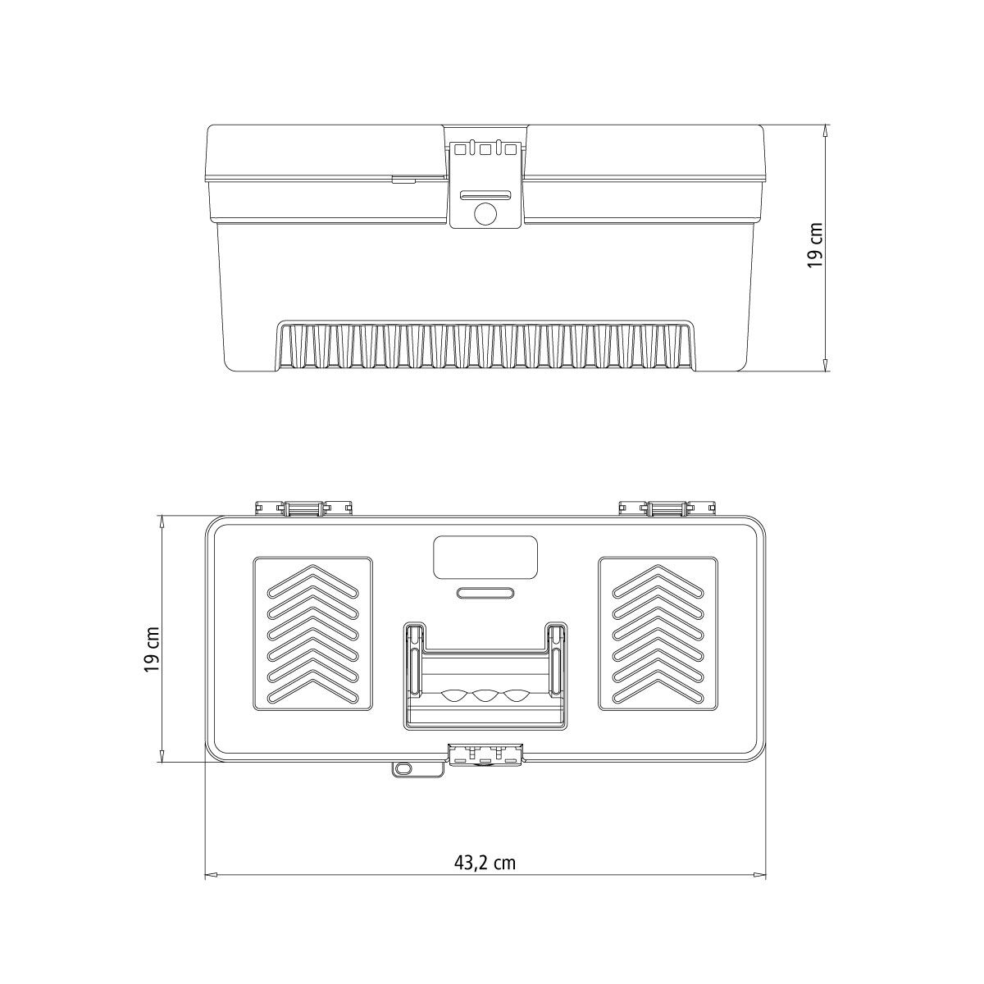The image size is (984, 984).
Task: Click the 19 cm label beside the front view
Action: tap(815, 245)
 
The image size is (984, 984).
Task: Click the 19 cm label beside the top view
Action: tap(152, 649)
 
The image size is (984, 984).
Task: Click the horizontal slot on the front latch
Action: tap(485, 194)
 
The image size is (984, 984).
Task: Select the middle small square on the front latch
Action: tap(485, 149)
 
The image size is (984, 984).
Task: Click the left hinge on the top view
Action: tap(304, 508)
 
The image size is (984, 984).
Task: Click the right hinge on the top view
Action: tap(667, 508)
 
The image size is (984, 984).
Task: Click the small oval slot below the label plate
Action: tap(485, 592)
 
